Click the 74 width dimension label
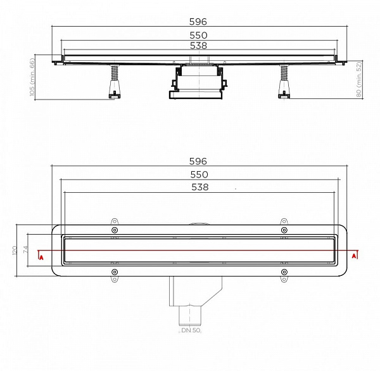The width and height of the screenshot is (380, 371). (x=26, y=250)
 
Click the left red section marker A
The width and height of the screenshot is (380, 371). (x=41, y=257)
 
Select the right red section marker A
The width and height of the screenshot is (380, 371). (x=355, y=257)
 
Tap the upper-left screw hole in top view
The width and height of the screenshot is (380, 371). (x=115, y=230)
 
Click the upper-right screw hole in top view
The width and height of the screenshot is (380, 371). (x=284, y=230)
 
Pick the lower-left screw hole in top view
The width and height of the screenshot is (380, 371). (x=115, y=273)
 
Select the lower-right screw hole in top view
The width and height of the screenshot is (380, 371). (x=284, y=273)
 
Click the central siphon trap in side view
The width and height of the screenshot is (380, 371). (x=198, y=82)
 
